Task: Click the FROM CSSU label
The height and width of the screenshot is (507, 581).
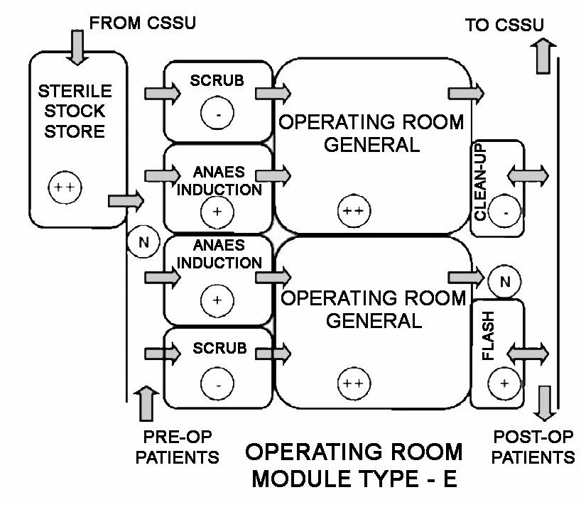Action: point(142,23)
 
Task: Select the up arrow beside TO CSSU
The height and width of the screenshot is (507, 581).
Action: point(543,55)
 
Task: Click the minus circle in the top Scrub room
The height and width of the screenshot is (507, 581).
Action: point(217,113)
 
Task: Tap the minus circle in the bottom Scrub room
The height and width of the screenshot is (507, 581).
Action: point(217,384)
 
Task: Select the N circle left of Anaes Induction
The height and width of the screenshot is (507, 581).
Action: point(143,241)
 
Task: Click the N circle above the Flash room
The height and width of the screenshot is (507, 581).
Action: point(505,282)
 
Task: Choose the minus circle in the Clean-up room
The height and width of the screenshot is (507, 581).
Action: point(505,212)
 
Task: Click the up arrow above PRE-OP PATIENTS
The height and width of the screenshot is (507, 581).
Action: point(148,404)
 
